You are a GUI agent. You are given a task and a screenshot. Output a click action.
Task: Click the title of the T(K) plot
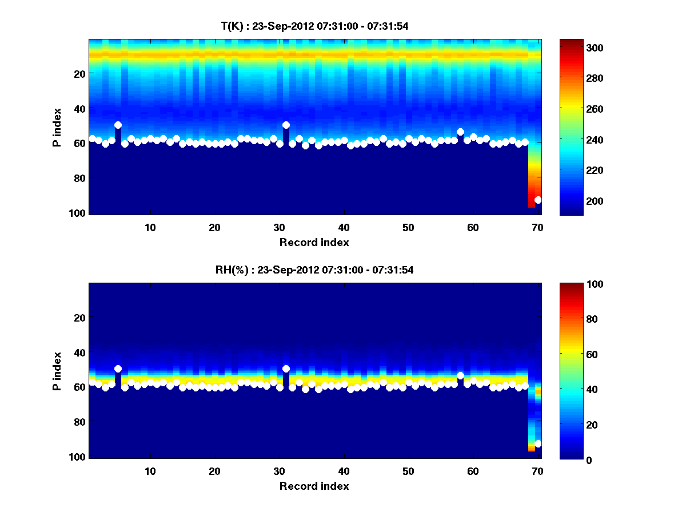314,26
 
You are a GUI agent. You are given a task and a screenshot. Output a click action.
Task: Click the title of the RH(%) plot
314,270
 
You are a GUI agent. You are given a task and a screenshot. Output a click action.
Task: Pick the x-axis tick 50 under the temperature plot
408,227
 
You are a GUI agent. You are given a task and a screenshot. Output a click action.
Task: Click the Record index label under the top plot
314,242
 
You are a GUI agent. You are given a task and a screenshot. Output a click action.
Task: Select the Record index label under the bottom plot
314,486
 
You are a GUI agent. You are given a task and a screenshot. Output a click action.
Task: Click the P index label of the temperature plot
57,127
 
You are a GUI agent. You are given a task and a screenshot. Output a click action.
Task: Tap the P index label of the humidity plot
57,371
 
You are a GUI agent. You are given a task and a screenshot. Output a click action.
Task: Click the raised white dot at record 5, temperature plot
118,125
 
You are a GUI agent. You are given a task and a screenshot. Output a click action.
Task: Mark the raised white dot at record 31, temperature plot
286,125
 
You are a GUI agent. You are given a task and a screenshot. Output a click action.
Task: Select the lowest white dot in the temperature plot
538,200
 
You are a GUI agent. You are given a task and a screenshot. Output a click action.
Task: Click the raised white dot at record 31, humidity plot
286,369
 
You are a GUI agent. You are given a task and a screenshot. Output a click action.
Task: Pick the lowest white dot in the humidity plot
538,443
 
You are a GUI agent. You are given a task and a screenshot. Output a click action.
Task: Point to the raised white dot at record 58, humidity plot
460,375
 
